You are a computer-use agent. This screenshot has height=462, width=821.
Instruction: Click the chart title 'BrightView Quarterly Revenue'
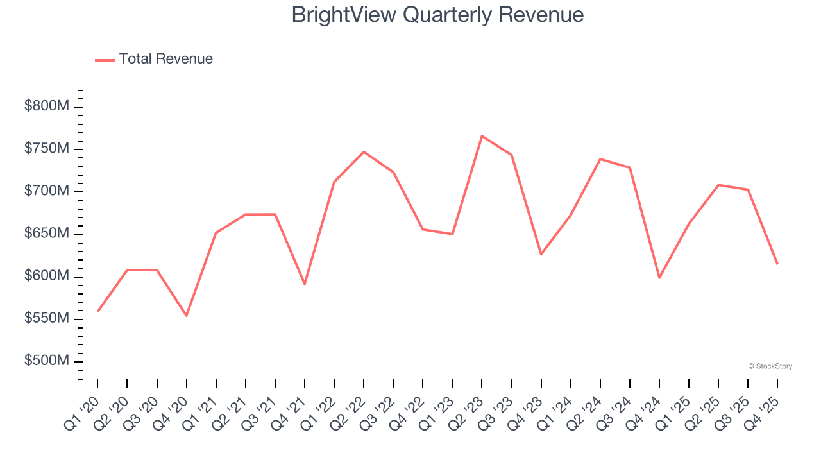pyautogui.click(x=437, y=15)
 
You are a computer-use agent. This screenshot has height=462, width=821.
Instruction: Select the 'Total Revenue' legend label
pyautogui.click(x=165, y=59)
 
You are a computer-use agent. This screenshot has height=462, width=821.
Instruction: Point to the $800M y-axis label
pyautogui.click(x=46, y=107)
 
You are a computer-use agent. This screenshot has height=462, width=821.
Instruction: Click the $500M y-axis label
pyautogui.click(x=46, y=361)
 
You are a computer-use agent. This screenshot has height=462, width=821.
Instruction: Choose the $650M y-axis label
pyautogui.click(x=46, y=234)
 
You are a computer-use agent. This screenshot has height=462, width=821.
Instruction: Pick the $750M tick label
pyautogui.click(x=46, y=149)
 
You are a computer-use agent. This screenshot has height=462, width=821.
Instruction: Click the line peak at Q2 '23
pyautogui.click(x=482, y=136)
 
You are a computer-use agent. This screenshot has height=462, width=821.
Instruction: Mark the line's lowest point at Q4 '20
pyautogui.click(x=186, y=316)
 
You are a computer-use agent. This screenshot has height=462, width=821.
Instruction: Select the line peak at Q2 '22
pyautogui.click(x=364, y=152)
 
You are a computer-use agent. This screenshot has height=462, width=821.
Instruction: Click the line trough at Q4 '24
pyautogui.click(x=659, y=278)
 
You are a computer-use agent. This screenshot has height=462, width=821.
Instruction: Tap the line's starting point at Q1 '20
pyautogui.click(x=97, y=311)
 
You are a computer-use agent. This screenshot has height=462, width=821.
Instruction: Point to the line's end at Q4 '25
pyautogui.click(x=777, y=264)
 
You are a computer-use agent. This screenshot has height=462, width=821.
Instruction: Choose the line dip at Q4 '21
pyautogui.click(x=305, y=284)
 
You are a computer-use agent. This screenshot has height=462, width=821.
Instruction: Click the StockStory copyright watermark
pyautogui.click(x=770, y=366)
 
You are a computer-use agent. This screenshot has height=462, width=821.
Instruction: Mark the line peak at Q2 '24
pyautogui.click(x=600, y=159)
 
